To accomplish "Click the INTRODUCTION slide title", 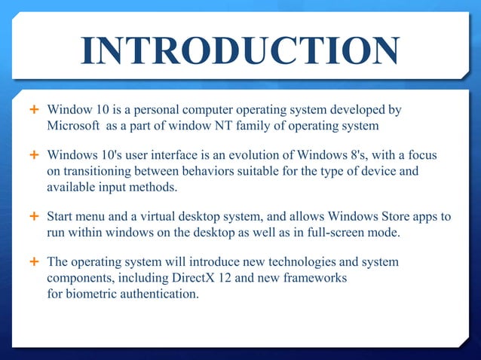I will (x=240, y=52).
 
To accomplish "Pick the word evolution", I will (x=254, y=155).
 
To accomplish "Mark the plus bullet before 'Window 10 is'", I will (x=33, y=110).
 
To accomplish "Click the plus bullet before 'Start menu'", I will (x=33, y=217).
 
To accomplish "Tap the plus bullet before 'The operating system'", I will (x=33, y=262).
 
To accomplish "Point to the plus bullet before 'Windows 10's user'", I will (x=33, y=155).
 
